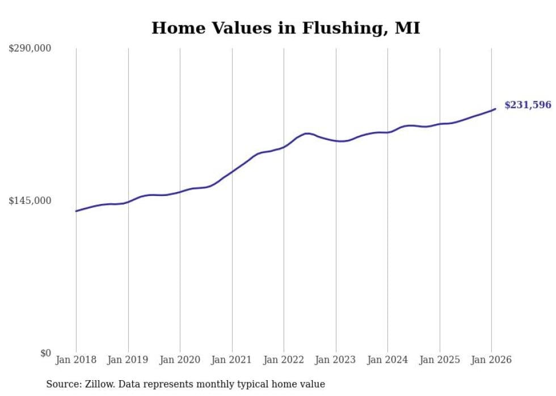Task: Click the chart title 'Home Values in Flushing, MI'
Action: (x=285, y=28)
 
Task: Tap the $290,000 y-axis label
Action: (x=30, y=48)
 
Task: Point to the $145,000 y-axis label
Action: (x=30, y=201)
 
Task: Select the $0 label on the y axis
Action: (x=45, y=353)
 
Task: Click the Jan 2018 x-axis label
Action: (x=76, y=360)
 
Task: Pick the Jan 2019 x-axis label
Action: (x=128, y=360)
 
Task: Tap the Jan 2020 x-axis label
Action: (x=180, y=360)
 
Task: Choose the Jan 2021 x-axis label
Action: (x=231, y=360)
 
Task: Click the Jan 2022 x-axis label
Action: (x=284, y=360)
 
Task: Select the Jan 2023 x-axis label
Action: (x=335, y=360)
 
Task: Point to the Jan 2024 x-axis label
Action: (x=387, y=360)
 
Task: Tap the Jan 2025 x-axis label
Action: (x=439, y=360)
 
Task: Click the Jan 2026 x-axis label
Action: (x=491, y=360)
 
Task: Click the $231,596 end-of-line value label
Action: (x=528, y=105)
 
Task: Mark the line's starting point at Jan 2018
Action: (x=76, y=211)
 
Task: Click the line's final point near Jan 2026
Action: (x=495, y=109)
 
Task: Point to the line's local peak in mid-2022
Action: (x=307, y=134)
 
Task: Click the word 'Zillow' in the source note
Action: (x=95, y=384)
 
